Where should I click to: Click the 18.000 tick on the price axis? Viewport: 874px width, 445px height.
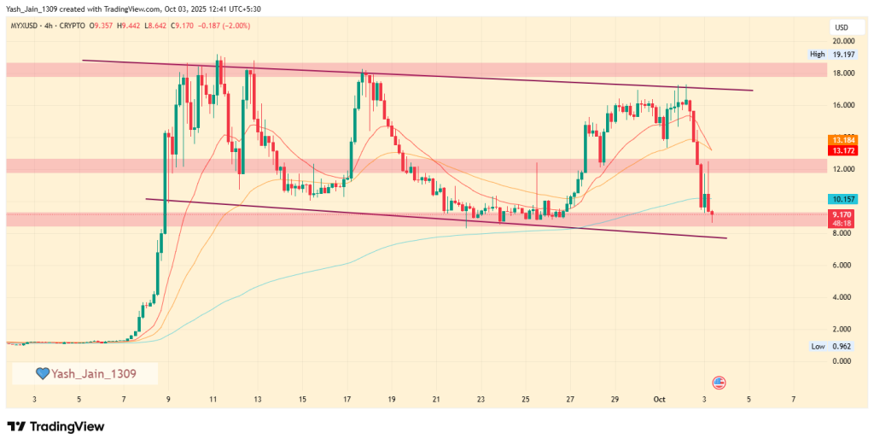(x=843, y=73)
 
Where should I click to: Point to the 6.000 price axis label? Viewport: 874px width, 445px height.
(x=843, y=265)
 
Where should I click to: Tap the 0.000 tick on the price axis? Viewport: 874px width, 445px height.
(x=843, y=361)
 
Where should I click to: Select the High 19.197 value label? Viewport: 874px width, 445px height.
(x=832, y=54)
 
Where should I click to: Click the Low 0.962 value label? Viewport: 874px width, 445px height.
(x=833, y=346)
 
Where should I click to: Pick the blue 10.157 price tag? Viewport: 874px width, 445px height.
(x=843, y=198)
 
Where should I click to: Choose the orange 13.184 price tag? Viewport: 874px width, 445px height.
(x=843, y=139)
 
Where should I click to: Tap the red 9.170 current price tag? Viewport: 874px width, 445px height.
(x=843, y=215)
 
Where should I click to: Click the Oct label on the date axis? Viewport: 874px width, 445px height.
(x=659, y=399)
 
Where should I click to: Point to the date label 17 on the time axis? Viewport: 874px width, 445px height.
(x=347, y=399)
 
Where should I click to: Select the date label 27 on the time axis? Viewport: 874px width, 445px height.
(x=570, y=399)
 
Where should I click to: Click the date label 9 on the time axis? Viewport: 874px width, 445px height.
(x=168, y=399)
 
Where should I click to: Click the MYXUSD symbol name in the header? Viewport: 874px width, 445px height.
(x=27, y=26)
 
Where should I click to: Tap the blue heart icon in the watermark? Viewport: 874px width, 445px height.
(x=41, y=373)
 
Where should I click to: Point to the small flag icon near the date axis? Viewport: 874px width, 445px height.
(x=719, y=381)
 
